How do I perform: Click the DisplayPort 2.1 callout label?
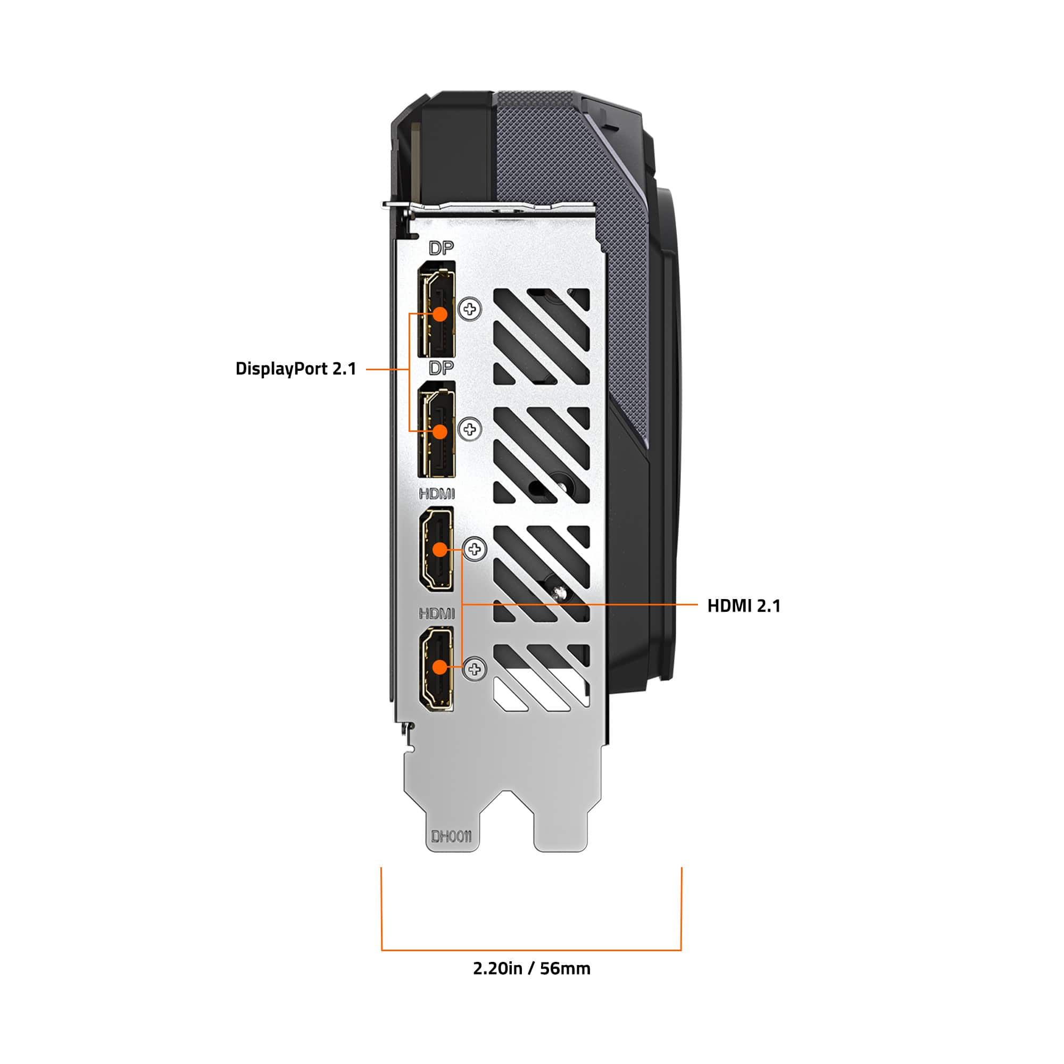tap(296, 369)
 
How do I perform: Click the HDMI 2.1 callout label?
tap(744, 606)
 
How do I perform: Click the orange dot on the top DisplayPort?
tap(439, 314)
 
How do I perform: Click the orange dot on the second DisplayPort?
tap(439, 431)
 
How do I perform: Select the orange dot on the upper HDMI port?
tap(439, 550)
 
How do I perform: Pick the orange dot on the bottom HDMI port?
tap(439, 667)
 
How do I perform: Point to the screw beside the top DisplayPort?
tap(470, 309)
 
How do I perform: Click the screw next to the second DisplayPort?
tap(470, 429)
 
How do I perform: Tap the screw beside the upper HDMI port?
tap(475, 549)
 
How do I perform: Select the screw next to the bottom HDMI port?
tap(475, 669)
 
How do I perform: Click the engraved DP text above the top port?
tap(441, 248)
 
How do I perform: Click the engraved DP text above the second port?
tap(441, 368)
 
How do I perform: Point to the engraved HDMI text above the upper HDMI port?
tap(437, 494)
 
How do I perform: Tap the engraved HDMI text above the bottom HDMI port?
tap(437, 613)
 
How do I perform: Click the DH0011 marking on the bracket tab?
tap(451, 837)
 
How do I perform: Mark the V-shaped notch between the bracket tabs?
tap(507, 799)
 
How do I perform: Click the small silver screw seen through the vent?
tap(561, 592)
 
